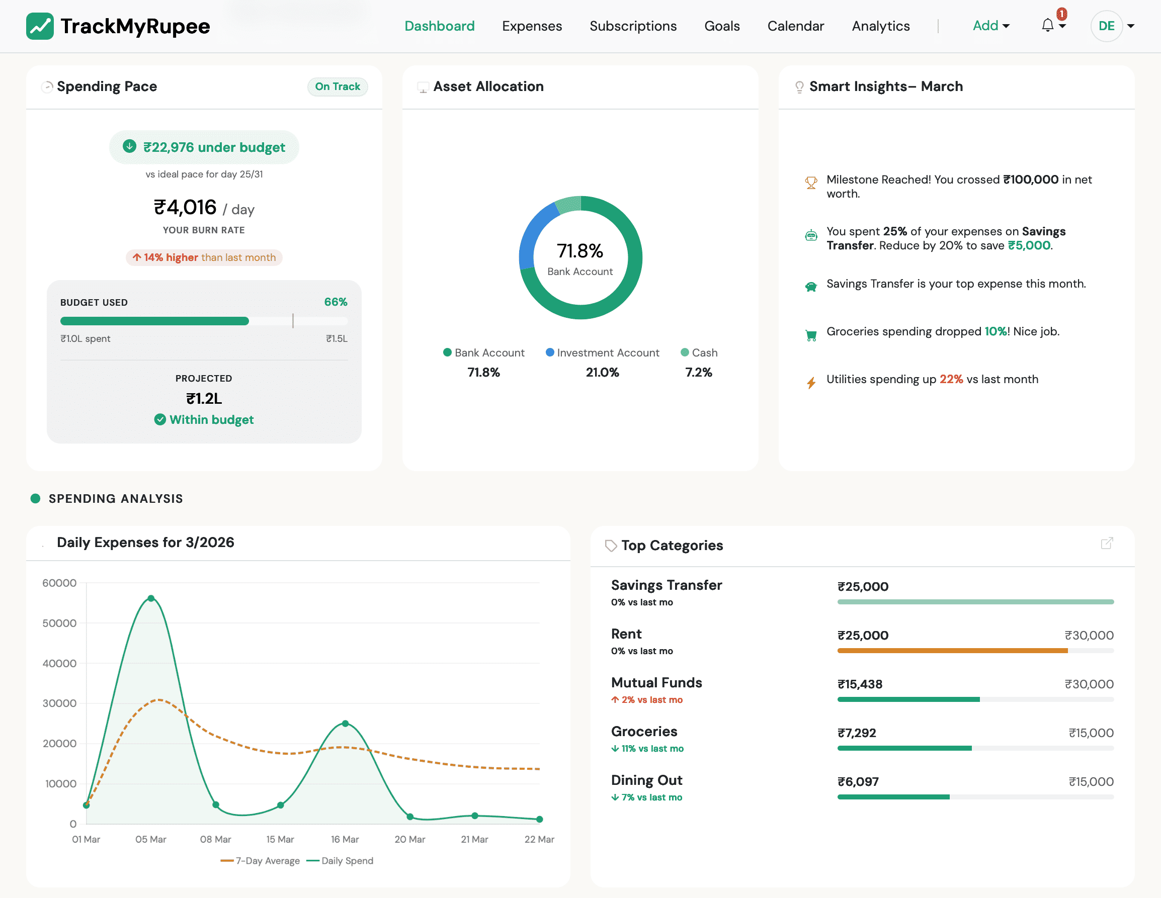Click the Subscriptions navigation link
click(633, 26)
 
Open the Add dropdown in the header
click(990, 26)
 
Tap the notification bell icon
click(1047, 25)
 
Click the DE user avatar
click(1106, 26)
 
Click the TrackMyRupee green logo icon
click(40, 26)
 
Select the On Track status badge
click(337, 86)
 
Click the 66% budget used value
click(336, 302)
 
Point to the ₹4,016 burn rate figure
click(185, 207)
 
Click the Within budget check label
click(204, 420)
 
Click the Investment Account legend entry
click(602, 353)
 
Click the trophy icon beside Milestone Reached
click(811, 183)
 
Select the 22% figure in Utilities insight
click(951, 380)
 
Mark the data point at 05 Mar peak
click(151, 598)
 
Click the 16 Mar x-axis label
click(345, 839)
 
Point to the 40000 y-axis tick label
click(59, 663)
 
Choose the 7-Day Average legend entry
click(261, 861)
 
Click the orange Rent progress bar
click(952, 651)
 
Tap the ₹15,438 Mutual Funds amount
click(860, 684)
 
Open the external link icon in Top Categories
click(1107, 543)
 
